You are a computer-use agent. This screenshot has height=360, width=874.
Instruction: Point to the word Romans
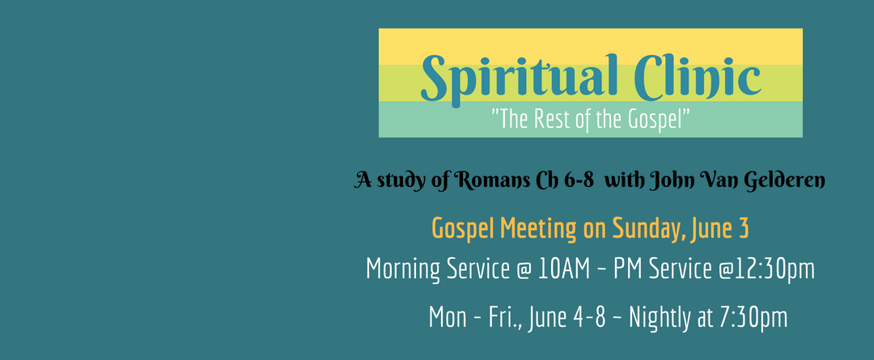pyautogui.click(x=490, y=180)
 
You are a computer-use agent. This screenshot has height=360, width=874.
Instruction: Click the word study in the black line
pyautogui.click(x=393, y=182)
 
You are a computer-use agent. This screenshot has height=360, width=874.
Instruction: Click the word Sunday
pyautogui.click(x=649, y=229)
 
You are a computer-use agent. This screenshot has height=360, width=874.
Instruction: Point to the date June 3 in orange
pyautogui.click(x=720, y=229)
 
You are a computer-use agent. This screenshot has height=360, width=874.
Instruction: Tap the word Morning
pyautogui.click(x=402, y=269)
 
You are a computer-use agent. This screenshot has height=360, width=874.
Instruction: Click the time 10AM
pyautogui.click(x=564, y=269)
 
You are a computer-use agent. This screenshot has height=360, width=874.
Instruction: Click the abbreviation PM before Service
pyautogui.click(x=628, y=269)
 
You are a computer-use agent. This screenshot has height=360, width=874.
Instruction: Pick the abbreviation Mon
pyautogui.click(x=448, y=318)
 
